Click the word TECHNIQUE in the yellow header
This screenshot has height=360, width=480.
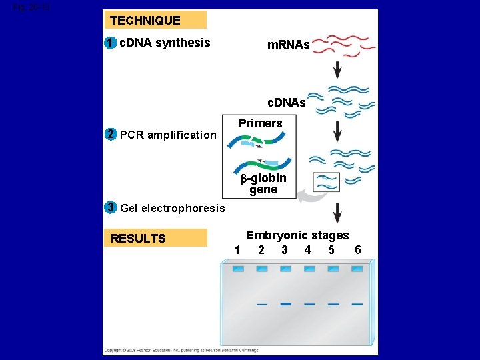[x=145, y=21]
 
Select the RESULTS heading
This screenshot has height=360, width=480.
[x=138, y=239]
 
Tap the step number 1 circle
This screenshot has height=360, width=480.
[x=110, y=43]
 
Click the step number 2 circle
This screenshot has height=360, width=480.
[x=111, y=134]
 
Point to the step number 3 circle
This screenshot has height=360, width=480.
[x=111, y=207]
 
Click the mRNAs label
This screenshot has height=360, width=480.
[x=288, y=45]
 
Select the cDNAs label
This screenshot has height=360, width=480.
[x=286, y=103]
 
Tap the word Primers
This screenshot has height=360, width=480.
[x=260, y=123]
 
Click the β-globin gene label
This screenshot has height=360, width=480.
[x=264, y=184]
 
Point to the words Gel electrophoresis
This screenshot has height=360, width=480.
[x=173, y=209]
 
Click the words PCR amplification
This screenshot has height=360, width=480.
[x=167, y=135]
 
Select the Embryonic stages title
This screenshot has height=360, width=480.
[x=297, y=235]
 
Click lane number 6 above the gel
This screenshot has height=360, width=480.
[x=358, y=250]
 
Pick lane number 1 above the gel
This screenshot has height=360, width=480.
[x=237, y=250]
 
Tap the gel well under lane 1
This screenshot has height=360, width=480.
[x=238, y=269]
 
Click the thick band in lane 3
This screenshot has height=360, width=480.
[x=285, y=304]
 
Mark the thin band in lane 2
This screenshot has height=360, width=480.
[x=262, y=305]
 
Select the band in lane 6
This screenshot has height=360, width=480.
[x=357, y=304]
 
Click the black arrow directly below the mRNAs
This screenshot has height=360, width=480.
[x=337, y=69]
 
